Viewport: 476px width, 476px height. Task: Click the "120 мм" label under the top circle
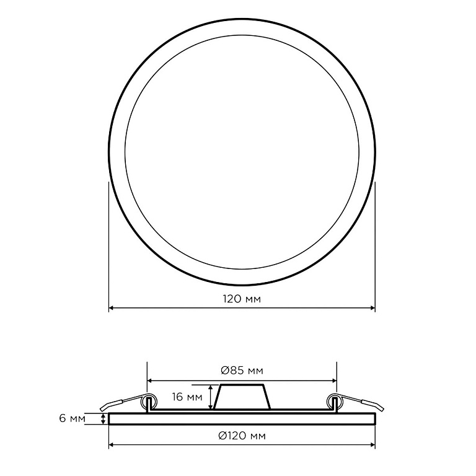[x=242, y=299]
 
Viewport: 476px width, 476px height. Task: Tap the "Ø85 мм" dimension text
[x=242, y=371]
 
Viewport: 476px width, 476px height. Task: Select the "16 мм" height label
[x=187, y=397]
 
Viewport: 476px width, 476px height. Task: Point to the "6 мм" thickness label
[x=73, y=418]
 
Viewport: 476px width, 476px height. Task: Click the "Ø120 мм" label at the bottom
[x=242, y=436]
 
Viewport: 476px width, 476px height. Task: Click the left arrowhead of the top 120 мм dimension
[x=111, y=308]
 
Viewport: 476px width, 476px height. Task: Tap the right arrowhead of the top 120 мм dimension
[x=373, y=308]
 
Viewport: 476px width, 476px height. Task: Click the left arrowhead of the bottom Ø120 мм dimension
[x=111, y=445]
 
